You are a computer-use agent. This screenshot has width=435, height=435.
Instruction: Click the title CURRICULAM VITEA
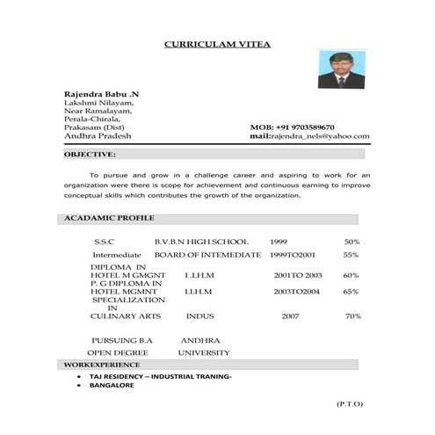[x=218, y=44]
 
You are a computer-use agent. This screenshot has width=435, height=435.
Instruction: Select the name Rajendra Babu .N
[x=101, y=94]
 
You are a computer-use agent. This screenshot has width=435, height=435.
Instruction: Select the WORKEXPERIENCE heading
[x=101, y=364]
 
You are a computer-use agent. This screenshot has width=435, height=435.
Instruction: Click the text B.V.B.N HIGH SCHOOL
[x=201, y=242]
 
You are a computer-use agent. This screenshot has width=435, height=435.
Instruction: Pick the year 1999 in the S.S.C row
[x=279, y=242]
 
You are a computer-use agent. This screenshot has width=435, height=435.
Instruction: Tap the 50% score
[x=352, y=242]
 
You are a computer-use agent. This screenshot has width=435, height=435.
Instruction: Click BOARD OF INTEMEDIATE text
[x=207, y=255]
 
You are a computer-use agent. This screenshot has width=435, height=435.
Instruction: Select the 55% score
[x=351, y=255]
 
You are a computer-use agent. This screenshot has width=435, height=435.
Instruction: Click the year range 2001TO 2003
[x=298, y=275]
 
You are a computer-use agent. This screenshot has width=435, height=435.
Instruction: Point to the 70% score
[x=353, y=315]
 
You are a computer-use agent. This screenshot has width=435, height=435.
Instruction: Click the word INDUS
[x=200, y=315]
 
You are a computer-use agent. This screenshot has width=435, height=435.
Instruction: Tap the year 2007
[x=290, y=315]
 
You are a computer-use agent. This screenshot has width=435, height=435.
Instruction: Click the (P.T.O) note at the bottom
[x=349, y=403]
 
